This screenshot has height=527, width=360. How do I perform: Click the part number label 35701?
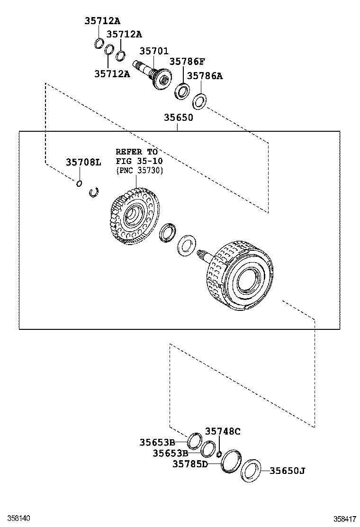[154, 51]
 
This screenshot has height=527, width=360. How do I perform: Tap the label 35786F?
[187, 62]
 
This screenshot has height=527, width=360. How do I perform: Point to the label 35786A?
[204, 76]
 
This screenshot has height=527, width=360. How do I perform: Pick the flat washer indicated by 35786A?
[199, 101]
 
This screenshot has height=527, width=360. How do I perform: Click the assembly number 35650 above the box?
[179, 118]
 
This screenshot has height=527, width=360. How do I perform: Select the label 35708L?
[83, 162]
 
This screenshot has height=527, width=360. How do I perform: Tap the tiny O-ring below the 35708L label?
[80, 183]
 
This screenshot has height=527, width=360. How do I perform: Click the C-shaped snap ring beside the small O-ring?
[94, 192]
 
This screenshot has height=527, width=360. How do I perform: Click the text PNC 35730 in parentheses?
[139, 171]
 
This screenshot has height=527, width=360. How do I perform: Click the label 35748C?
[223, 431]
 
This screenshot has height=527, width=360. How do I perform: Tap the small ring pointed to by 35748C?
[219, 455]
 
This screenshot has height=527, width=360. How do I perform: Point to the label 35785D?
[189, 464]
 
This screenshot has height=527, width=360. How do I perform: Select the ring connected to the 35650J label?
[251, 471]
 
